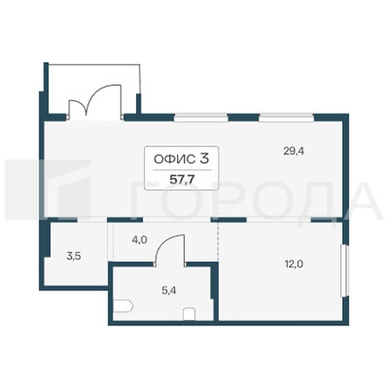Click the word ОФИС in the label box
pyautogui.click(x=173, y=159)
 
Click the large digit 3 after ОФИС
pyautogui.click(x=203, y=158)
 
